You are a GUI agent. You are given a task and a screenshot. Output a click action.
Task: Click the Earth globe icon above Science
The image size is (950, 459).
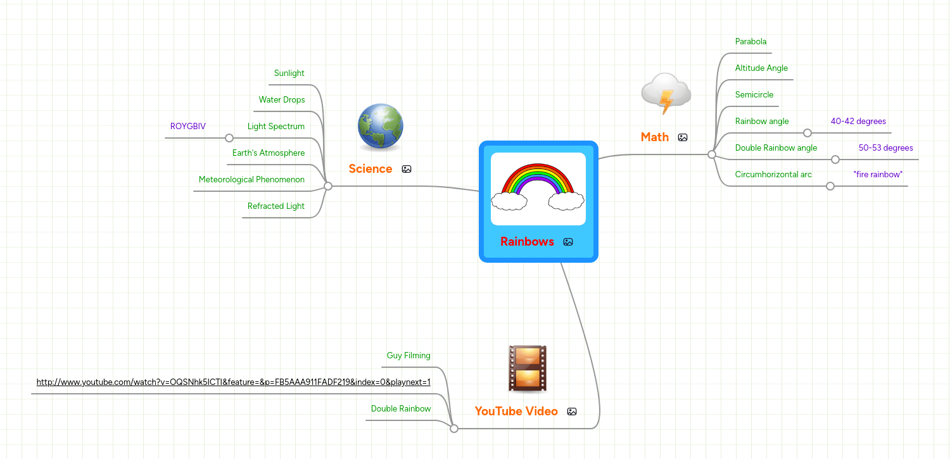tap(380, 127)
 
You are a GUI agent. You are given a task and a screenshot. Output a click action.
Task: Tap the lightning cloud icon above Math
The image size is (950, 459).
tap(665, 94)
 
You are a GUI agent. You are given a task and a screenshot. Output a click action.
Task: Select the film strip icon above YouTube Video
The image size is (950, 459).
tap(527, 368)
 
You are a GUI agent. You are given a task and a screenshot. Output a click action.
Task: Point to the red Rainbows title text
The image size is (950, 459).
tap(527, 241)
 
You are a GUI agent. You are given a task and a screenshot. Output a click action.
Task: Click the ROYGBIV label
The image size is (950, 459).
tap(188, 127)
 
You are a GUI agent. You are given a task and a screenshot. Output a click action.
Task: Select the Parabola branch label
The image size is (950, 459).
tap(750, 42)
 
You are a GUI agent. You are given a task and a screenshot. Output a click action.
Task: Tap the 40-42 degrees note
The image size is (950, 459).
tap(858, 122)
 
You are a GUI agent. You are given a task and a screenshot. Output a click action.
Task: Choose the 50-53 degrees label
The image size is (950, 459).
tap(885, 148)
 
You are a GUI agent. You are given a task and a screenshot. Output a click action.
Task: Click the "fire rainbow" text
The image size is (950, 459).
tap(878, 175)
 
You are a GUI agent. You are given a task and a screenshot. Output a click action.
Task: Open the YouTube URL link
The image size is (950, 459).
tap(234, 382)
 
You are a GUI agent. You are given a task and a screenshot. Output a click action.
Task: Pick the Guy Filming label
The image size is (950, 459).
tap(408, 356)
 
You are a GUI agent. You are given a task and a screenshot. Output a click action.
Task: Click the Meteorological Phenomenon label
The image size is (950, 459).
tap(251, 180)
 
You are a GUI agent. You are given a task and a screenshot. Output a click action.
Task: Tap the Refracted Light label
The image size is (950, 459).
tap(276, 206)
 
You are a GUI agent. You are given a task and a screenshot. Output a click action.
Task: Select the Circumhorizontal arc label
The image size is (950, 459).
tap(773, 175)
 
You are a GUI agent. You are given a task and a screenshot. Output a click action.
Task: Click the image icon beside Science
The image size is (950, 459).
tap(407, 169)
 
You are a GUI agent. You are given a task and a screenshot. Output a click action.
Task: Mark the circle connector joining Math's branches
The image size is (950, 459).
tap(712, 154)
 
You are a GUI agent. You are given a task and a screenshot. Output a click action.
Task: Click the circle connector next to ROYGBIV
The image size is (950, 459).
tap(229, 138)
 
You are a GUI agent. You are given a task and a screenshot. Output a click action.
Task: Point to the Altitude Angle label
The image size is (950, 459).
tap(761, 68)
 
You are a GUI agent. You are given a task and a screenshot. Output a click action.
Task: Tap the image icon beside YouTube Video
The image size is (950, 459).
tap(572, 412)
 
